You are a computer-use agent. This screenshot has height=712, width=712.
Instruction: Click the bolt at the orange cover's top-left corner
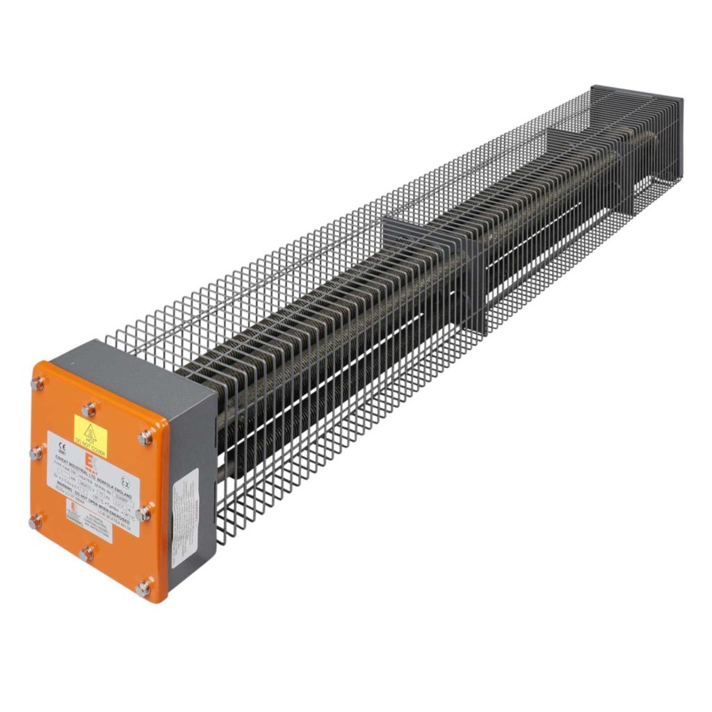click(38, 384)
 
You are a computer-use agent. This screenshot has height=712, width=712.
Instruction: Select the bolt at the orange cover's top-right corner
click(145, 437)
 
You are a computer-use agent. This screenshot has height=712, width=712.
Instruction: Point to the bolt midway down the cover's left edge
click(36, 453)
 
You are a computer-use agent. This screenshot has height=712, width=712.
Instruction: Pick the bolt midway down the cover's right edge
click(145, 514)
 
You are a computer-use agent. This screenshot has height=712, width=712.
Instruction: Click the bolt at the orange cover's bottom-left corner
click(34, 522)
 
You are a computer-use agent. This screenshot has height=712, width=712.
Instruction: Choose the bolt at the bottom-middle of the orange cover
click(86, 554)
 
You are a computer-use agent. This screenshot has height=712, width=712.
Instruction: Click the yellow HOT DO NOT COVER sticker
click(91, 432)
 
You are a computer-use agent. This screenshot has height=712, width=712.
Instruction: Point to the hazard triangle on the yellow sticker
click(90, 430)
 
